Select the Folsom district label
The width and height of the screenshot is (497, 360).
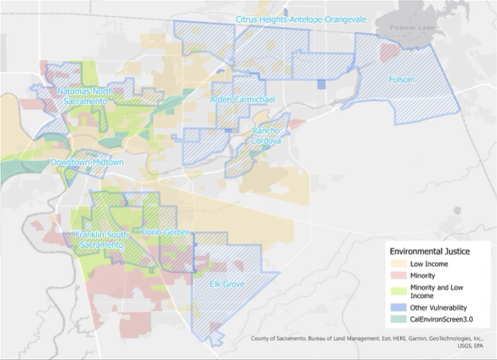coord(401,80)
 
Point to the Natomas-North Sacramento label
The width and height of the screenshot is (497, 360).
coord(85,96)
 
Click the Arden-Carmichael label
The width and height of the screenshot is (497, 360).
coord(242,100)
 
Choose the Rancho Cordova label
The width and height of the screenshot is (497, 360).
coord(266,136)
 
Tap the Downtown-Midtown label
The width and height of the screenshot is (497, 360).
coord(87,163)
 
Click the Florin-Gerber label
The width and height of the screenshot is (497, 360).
coord(165,232)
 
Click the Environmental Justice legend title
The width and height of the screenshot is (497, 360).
coord(430,251)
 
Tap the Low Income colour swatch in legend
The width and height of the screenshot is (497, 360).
coord(399,264)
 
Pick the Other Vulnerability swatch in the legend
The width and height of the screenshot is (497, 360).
coord(399,307)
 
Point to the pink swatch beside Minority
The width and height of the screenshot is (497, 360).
coord(399,276)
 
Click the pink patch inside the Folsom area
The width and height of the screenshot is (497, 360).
coord(390,53)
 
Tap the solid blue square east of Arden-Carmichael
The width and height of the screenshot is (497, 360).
coord(320,84)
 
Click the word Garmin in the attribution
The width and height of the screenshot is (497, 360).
coord(398,339)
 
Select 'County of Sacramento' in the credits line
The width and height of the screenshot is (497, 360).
coord(280,339)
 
